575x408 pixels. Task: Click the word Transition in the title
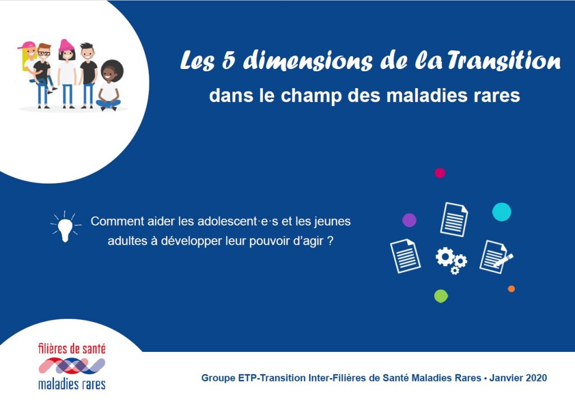[504, 61]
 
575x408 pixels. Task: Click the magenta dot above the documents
[440, 173]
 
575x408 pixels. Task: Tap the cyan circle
[501, 212]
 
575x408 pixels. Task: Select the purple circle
[409, 221]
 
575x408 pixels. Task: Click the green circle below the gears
[441, 296]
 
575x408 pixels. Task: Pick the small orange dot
[511, 289]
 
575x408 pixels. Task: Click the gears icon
[451, 260]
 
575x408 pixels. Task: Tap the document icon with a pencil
[496, 257]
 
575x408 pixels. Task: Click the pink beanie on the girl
[66, 45]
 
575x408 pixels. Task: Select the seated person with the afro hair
[109, 85]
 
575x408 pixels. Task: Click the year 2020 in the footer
[536, 378]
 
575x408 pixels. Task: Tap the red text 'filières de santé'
[72, 349]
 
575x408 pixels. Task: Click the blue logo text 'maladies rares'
[72, 384]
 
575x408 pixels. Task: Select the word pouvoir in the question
[270, 241]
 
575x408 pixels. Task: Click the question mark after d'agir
[330, 241]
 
